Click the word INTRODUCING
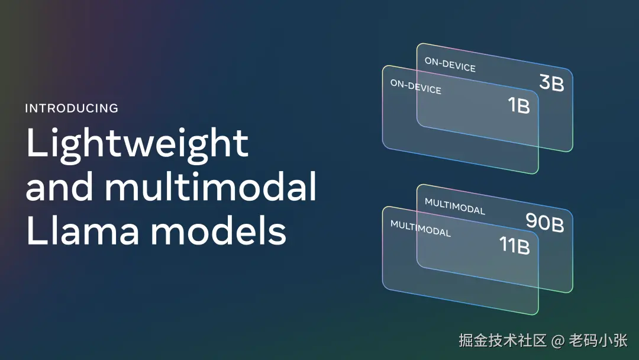[72, 108]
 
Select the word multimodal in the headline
[211, 185]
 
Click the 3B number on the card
[552, 83]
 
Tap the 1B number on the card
[519, 105]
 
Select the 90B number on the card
[545, 222]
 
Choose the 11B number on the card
[515, 245]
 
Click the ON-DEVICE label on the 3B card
[450, 65]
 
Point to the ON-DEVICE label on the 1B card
[416, 86]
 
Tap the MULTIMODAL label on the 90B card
[455, 206]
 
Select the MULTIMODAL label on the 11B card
[421, 229]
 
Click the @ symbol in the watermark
[558, 341]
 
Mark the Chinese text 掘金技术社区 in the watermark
[502, 340]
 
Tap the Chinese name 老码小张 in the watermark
[598, 340]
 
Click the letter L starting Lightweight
[37, 142]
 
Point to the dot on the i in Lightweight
[56, 130]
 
